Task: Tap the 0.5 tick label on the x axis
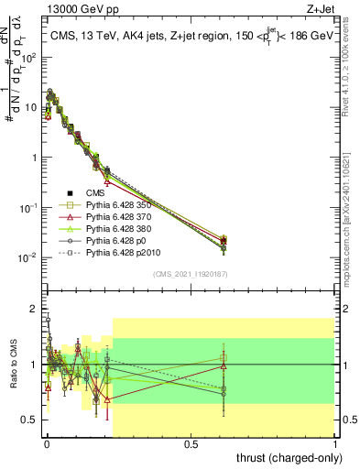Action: (x=191, y=442)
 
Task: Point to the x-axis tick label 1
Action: (x=335, y=442)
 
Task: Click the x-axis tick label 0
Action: (x=47, y=442)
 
